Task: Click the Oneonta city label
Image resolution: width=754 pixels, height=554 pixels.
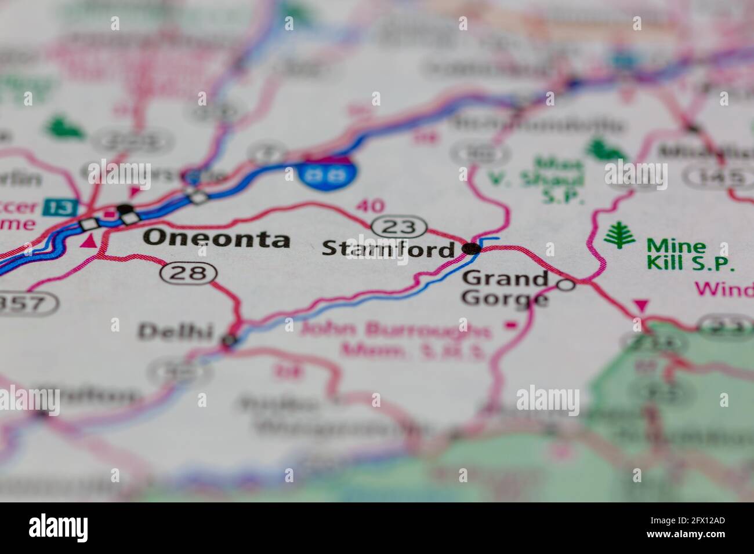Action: pos(216,238)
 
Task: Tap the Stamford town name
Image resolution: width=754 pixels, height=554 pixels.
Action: pos(388,249)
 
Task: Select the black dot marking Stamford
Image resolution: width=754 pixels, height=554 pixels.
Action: pos(472,249)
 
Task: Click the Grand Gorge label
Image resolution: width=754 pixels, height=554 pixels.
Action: pos(505,288)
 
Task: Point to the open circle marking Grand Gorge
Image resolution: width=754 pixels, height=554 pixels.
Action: pos(565,285)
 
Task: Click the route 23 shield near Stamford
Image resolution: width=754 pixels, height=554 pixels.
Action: pos(400,227)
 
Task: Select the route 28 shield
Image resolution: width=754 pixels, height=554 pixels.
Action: pos(189,272)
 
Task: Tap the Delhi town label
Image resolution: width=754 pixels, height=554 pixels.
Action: pos(175,331)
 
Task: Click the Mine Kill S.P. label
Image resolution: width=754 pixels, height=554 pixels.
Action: pos(690,255)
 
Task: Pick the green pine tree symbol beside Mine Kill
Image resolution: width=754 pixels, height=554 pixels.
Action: pos(619,236)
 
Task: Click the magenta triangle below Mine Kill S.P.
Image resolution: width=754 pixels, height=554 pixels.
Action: pos(641,305)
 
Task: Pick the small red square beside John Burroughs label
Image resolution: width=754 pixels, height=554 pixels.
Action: pos(511,325)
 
